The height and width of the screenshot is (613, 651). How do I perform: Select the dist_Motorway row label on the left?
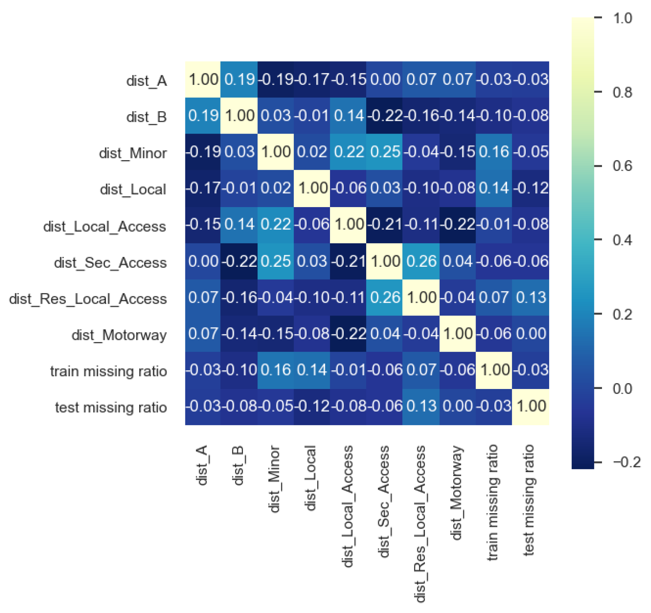point(119,335)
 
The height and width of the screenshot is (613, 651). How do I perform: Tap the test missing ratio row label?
point(111,408)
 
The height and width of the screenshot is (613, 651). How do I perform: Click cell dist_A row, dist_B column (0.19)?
point(239,80)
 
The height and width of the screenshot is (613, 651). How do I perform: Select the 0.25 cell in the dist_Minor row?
point(385,152)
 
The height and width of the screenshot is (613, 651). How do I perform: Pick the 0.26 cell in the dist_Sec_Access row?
point(421,261)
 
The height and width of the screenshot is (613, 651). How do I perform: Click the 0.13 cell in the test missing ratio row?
point(421,407)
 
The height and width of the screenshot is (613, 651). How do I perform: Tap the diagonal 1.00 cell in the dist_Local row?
point(312,188)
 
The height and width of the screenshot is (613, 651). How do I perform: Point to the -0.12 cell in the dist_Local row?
point(530,188)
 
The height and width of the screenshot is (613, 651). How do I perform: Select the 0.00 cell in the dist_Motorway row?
point(530,334)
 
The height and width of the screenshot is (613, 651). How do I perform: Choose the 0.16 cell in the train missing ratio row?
point(275,370)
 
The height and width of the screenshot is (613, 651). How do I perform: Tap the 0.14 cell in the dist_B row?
point(348,116)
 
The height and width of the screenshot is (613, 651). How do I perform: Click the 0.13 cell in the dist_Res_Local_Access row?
point(530,298)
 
